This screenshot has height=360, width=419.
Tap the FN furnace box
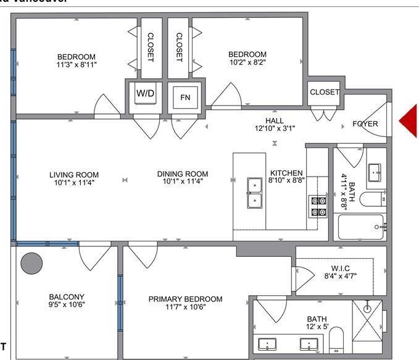pyautogui.click(x=185, y=98)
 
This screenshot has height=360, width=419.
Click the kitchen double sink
pyautogui.click(x=254, y=193)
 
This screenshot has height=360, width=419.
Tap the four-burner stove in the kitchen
pyautogui.click(x=318, y=206)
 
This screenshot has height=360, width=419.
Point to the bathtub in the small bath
pyautogui.click(x=362, y=228)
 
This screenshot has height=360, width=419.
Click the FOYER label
pyautogui.click(x=365, y=123)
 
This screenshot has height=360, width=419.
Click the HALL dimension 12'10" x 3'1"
pyautogui.click(x=275, y=128)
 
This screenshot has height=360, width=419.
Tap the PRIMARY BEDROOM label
pyautogui.click(x=185, y=299)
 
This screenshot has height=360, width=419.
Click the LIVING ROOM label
pyautogui.click(x=74, y=175)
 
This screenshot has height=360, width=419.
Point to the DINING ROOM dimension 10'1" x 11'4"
pyautogui.click(x=182, y=182)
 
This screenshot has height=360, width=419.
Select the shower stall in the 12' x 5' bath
pyautogui.click(x=367, y=320)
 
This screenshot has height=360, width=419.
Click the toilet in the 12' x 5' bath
pyautogui.click(x=336, y=340)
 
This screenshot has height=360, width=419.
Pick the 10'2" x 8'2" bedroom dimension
pyautogui.click(x=247, y=62)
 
